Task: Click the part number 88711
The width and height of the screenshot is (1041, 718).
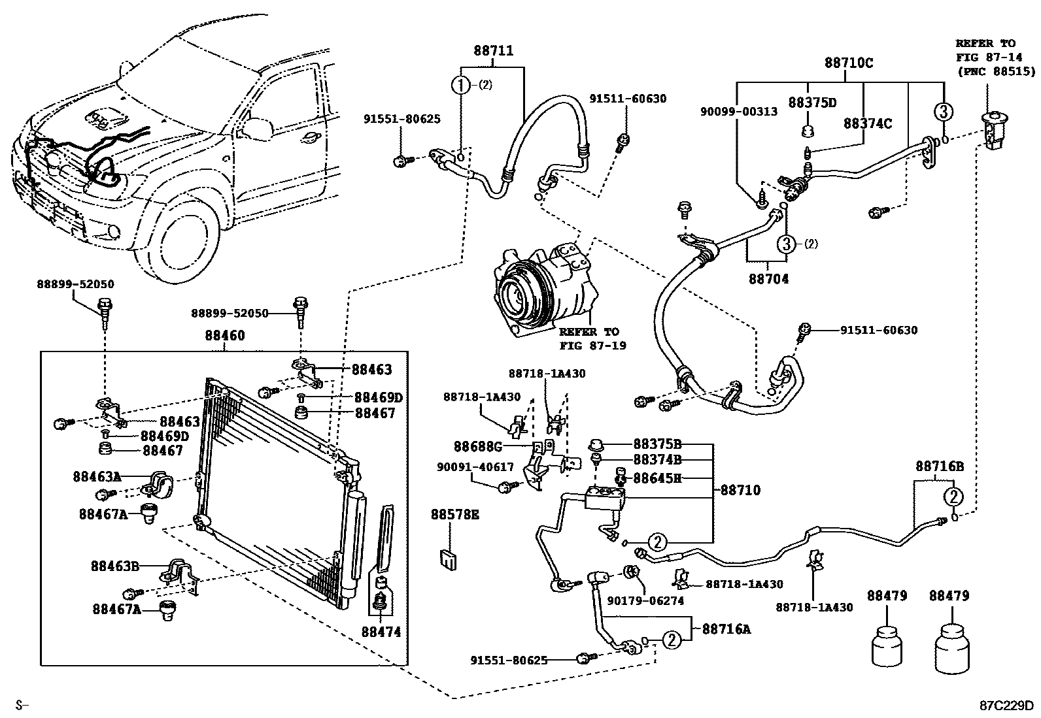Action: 494,50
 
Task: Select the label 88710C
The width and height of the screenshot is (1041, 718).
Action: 849,63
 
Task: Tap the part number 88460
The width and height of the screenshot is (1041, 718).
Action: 225,335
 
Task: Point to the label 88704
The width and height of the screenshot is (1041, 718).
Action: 769,279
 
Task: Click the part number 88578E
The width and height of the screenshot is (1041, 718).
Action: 455,515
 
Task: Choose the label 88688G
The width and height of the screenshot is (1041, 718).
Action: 478,447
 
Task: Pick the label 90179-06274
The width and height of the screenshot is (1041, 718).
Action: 645,601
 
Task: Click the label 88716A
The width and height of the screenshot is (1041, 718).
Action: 726,629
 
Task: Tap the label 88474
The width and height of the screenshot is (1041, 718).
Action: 381,632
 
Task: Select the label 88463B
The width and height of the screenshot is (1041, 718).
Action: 115,566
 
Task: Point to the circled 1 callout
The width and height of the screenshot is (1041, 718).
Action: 461,85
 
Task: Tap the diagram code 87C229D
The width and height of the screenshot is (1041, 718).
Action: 1006,706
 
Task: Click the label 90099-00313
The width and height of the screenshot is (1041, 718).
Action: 739,112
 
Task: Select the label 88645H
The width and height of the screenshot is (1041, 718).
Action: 657,478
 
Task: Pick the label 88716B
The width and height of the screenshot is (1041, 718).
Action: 940,466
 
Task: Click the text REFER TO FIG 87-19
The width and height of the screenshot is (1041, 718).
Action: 592,338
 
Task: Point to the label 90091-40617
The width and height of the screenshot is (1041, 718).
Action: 475,467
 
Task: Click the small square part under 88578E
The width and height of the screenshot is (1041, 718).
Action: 448,559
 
